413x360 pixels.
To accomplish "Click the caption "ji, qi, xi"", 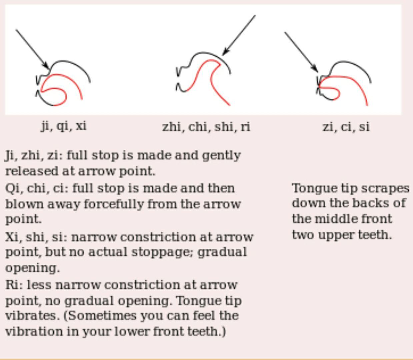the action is pos(64,126).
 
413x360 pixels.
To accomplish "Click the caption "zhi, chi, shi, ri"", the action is pos(206,127).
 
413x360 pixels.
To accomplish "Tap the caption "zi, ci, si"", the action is pos(346,127).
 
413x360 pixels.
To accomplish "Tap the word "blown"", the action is pos(24,204).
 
